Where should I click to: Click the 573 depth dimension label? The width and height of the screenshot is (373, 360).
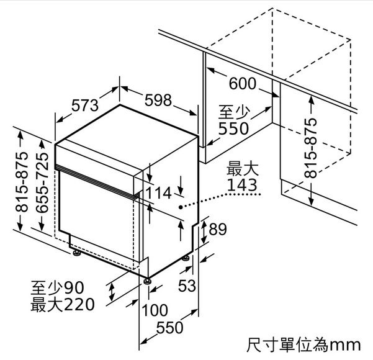85,105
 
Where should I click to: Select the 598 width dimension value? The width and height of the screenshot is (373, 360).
158,100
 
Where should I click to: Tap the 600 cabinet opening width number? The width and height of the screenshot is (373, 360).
243,84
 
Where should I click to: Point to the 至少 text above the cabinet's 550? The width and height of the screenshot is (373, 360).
235,112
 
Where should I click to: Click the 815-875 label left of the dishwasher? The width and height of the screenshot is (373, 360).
22,182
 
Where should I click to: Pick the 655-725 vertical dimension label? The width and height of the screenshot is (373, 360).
42,182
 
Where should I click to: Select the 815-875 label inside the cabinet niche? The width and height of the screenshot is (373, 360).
311,148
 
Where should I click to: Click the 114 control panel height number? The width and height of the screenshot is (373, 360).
158,193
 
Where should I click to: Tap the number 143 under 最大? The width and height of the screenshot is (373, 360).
242,185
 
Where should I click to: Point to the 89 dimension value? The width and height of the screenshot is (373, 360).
218,229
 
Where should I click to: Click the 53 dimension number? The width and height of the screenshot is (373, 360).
187,286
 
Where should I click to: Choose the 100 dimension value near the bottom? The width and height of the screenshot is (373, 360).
155,310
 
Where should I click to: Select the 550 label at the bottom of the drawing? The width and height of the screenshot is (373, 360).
169,328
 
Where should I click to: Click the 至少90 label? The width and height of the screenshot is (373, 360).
57,287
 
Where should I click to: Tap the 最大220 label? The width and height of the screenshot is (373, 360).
63,305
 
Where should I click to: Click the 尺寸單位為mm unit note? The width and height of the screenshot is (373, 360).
303,344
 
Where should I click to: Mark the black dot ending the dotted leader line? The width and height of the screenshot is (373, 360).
181,207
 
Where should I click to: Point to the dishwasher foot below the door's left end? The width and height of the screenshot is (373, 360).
77,253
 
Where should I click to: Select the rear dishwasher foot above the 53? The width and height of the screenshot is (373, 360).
186,258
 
